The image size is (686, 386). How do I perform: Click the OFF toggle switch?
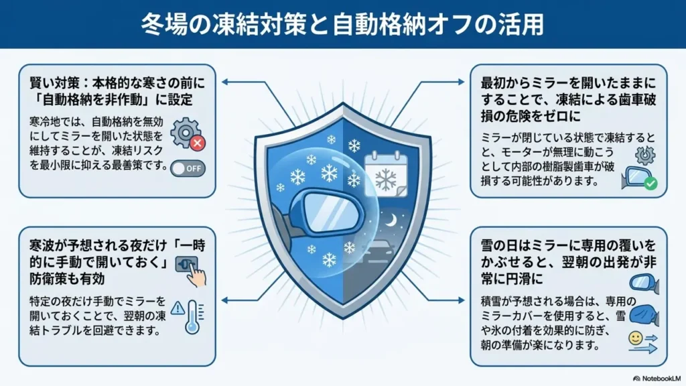click(x=188, y=168)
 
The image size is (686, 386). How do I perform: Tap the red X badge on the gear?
click(x=198, y=143)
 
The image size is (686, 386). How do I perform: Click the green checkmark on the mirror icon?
click(x=650, y=184)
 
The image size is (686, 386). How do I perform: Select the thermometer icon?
click(x=193, y=317)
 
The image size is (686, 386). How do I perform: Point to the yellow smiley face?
click(x=635, y=338)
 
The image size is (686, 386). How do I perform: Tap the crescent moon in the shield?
click(x=391, y=220)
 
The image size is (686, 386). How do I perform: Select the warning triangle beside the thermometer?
click(x=178, y=308)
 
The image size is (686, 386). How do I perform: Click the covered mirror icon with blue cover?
click(x=644, y=316)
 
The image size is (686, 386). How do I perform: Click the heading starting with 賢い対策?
click(x=117, y=91)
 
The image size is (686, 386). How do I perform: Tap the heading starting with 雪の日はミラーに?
click(x=569, y=262)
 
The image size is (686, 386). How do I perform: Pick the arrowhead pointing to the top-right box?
click(x=461, y=82)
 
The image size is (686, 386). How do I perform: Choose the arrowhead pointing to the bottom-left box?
click(x=225, y=300)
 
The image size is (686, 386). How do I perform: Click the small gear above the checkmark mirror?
click(x=645, y=155)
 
